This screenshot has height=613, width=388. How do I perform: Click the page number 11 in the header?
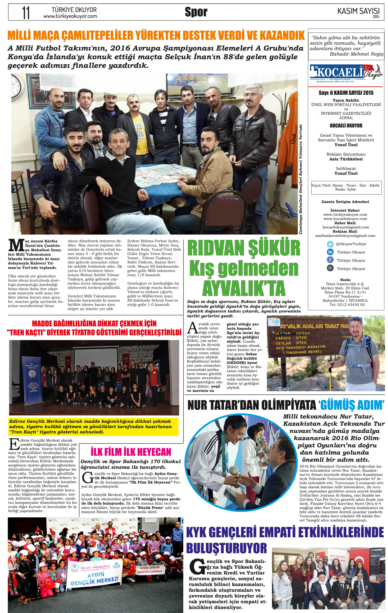[25, 13]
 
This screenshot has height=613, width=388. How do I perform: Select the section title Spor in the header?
[196, 12]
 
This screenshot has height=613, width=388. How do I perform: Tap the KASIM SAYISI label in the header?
[358, 11]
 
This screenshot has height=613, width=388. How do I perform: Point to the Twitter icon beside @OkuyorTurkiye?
[330, 244]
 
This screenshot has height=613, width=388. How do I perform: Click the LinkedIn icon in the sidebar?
[330, 252]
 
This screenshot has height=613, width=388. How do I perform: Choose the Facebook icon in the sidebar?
[330, 260]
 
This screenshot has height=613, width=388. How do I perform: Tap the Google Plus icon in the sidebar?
[330, 268]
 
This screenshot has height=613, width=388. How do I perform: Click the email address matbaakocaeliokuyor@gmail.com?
[345, 236]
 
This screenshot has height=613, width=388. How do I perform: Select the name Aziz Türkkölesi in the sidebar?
[346, 159]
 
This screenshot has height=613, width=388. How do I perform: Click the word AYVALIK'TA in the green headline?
[244, 289]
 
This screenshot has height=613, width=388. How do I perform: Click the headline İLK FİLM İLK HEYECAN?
[131, 452]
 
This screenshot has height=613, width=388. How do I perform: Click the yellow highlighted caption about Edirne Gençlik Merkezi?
[93, 427]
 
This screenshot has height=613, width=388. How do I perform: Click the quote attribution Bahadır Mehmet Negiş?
[356, 54]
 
